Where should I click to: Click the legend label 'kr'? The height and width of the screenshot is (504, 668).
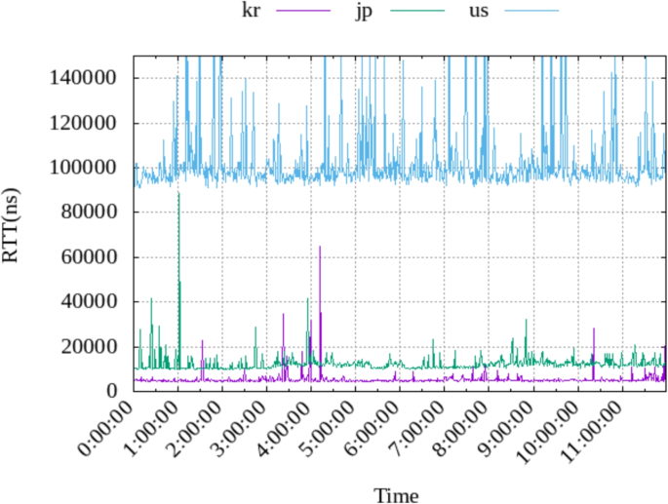point(250,11)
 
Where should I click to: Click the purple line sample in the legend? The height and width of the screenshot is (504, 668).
point(305,11)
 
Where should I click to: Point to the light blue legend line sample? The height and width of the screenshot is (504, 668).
point(531,11)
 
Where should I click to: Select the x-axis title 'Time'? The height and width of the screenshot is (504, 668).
point(397,495)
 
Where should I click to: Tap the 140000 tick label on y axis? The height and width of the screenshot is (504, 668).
point(84,78)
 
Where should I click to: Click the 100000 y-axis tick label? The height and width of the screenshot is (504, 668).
point(84,168)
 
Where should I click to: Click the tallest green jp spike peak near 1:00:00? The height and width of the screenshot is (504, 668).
point(178,193)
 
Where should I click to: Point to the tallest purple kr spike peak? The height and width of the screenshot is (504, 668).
point(320,247)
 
